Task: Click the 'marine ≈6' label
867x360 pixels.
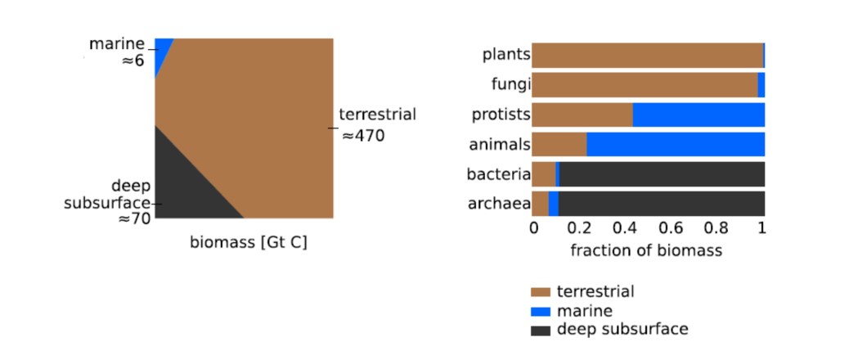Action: coord(121,52)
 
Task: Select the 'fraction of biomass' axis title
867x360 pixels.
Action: coord(646,250)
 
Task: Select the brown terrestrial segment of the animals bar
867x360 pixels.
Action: coord(559,144)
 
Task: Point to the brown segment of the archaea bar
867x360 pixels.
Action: coord(540,203)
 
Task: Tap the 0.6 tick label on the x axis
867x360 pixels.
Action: coord(670,231)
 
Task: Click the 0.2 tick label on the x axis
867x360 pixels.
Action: coord(578,231)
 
